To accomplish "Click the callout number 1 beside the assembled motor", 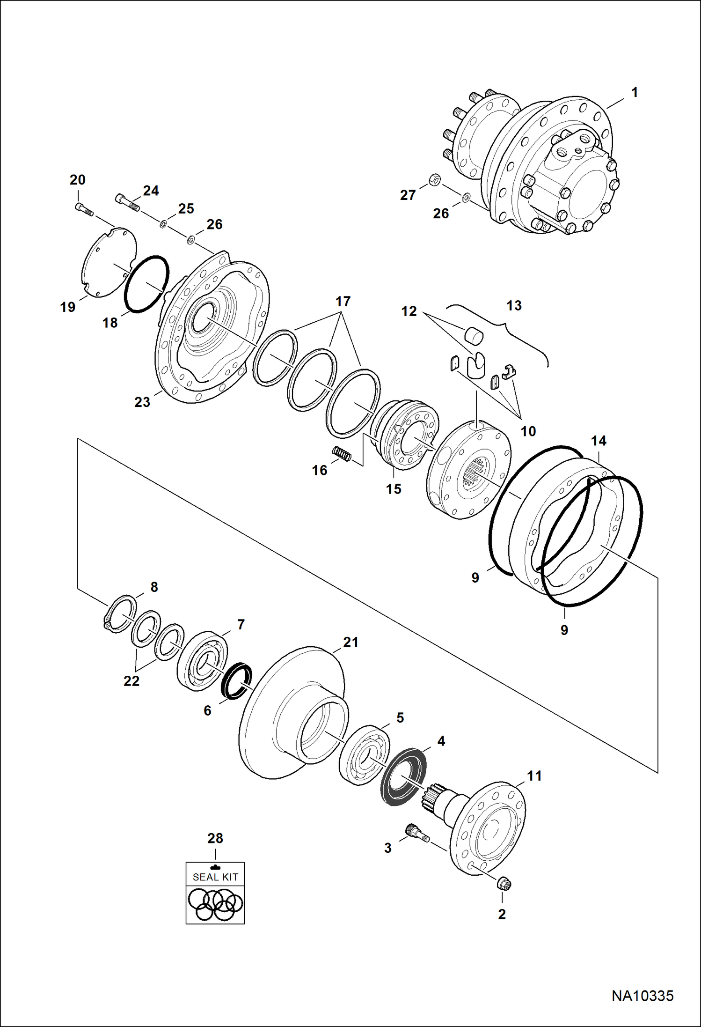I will click(x=634, y=93).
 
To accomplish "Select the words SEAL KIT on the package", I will click(x=215, y=877).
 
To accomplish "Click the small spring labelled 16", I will click(x=341, y=454).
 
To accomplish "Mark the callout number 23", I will click(x=142, y=402).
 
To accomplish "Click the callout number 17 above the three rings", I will click(x=343, y=302).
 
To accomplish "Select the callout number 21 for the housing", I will click(x=350, y=642).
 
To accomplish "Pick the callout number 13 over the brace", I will click(x=514, y=306).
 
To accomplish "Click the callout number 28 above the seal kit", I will click(x=215, y=838).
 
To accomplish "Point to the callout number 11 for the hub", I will click(x=534, y=776).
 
